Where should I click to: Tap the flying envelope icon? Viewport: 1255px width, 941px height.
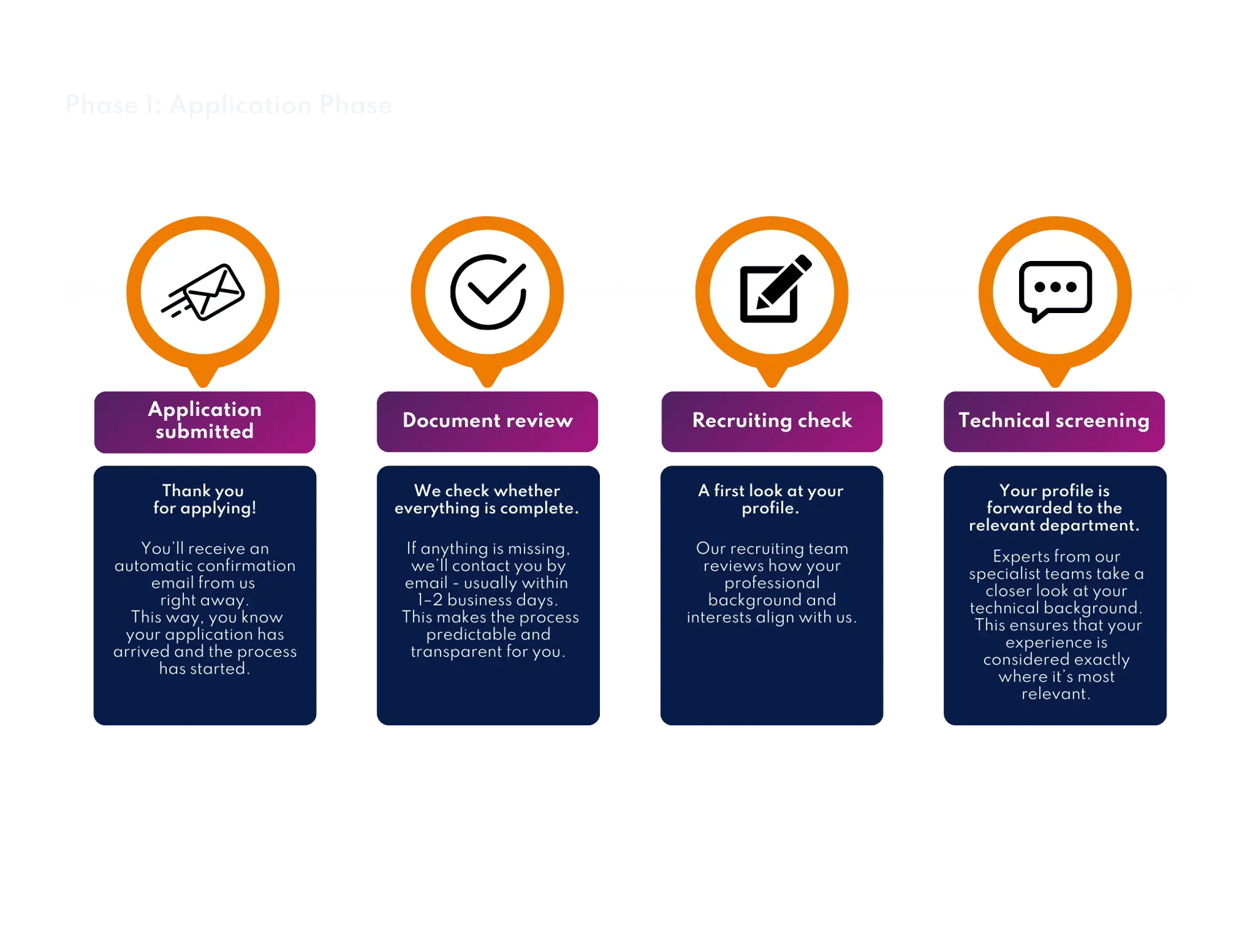pos(203,292)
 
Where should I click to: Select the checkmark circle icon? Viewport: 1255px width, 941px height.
pos(488,292)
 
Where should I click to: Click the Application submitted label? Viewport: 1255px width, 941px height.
pos(205,421)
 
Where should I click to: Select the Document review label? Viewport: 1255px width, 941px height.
pos(488,420)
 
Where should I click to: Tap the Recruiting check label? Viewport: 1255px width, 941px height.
pos(772,420)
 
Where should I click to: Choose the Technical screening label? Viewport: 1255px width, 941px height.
pos(1054,420)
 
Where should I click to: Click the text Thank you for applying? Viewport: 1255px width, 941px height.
pos(205,499)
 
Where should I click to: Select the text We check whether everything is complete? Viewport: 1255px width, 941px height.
pos(487,499)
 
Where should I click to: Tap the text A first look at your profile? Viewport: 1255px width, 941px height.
pos(771,499)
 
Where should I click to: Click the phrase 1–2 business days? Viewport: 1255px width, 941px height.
pos(488,600)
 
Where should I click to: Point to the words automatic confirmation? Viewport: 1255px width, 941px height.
pos(205,566)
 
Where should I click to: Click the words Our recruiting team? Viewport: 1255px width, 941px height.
pos(772,549)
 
